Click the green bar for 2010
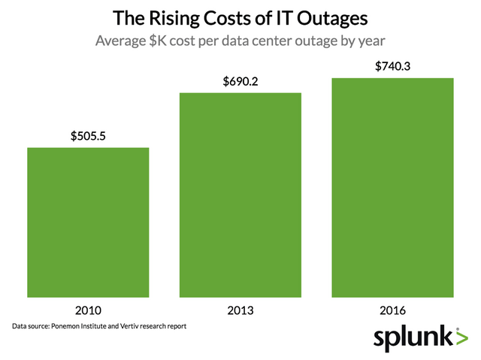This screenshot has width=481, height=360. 88,222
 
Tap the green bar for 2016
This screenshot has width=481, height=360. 392,186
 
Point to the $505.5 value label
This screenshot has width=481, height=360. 88,136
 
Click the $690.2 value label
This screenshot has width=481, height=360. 240,81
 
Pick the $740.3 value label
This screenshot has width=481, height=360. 392,66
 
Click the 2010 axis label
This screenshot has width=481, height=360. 88,310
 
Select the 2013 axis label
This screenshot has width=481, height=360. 240,310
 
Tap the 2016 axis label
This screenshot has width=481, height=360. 392,310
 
